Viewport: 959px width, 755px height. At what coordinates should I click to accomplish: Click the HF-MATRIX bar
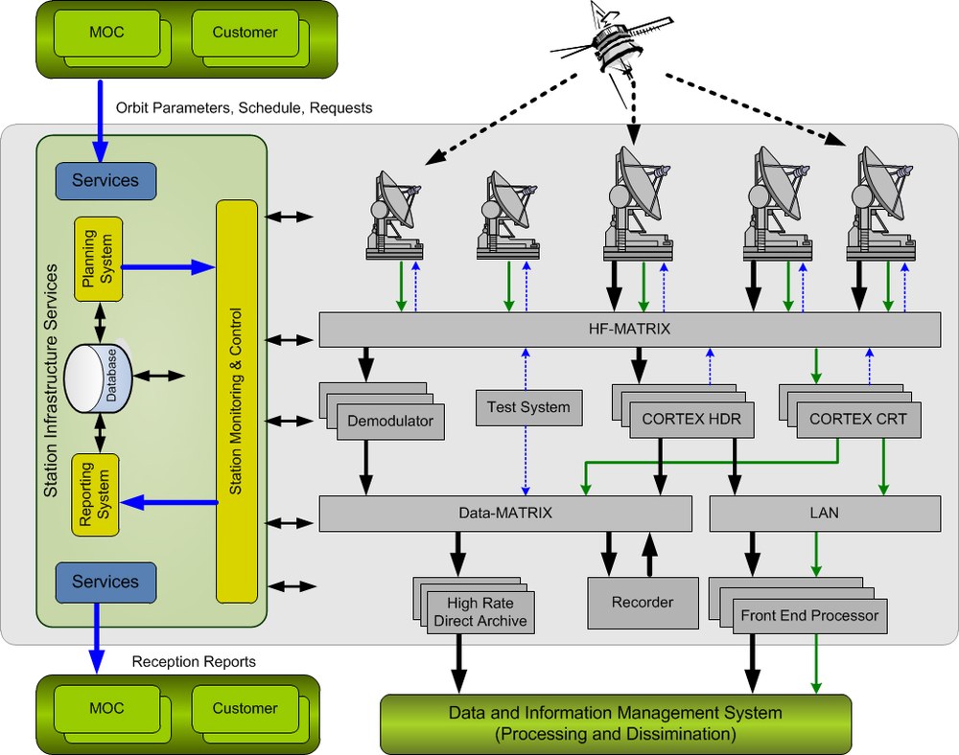tap(628, 329)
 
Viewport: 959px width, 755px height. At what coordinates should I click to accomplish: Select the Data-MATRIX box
tap(505, 513)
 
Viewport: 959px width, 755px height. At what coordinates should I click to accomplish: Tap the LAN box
tap(824, 513)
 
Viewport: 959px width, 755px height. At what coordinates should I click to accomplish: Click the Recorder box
tap(642, 603)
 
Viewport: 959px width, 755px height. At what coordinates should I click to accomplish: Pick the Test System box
tap(528, 407)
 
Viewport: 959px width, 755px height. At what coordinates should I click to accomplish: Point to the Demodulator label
tap(390, 421)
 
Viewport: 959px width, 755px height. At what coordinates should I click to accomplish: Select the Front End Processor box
tap(809, 615)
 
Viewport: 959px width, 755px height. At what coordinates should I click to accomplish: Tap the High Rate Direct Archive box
tap(479, 612)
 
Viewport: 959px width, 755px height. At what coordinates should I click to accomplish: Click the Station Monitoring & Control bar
tap(236, 401)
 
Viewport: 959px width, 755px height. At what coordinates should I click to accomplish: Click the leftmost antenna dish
tap(394, 216)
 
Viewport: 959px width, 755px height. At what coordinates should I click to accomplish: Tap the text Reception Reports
tap(194, 661)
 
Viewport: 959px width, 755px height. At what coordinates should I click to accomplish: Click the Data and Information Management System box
tap(616, 723)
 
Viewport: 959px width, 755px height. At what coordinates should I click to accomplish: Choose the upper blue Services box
tap(105, 180)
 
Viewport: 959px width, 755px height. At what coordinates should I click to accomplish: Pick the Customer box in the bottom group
tap(245, 709)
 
